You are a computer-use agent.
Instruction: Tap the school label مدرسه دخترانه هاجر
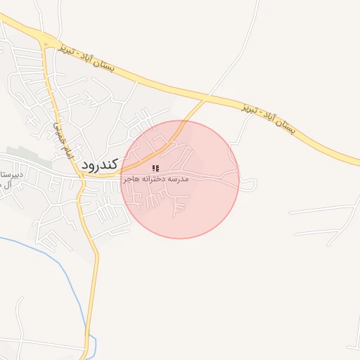click(x=157, y=180)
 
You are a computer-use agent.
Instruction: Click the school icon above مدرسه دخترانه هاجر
click(x=156, y=169)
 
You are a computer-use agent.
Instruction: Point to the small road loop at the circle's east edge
click(x=250, y=184)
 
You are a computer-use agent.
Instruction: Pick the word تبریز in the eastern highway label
click(x=251, y=110)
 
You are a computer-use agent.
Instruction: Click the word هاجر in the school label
click(x=133, y=180)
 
